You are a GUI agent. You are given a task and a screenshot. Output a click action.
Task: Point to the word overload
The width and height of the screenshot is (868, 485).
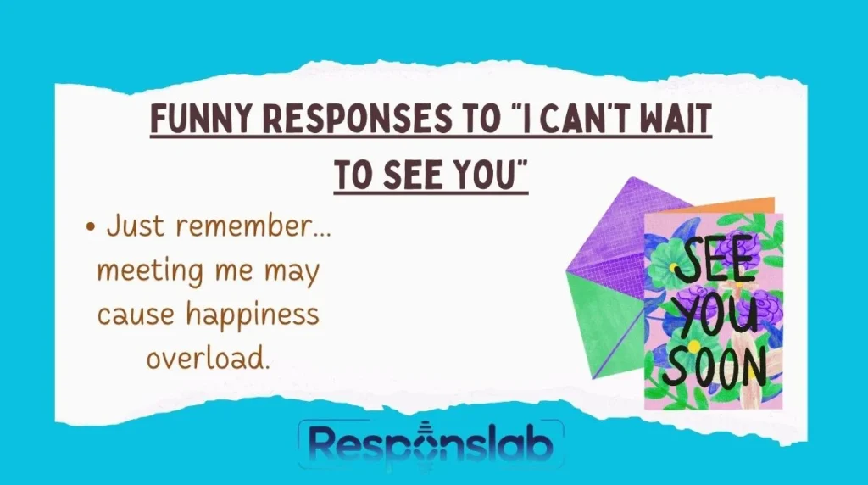coord(208,358)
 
